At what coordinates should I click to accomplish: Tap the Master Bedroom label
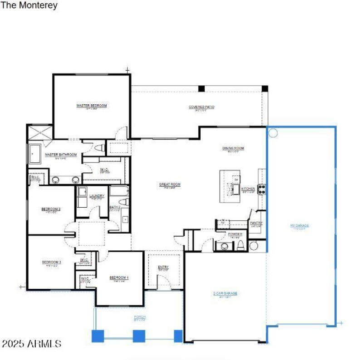[92, 106]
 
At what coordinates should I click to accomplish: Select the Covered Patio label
[201, 107]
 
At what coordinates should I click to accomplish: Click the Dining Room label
[233, 148]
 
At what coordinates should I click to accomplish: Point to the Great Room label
[170, 185]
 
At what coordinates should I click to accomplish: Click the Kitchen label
[248, 189]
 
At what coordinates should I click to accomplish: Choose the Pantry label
[256, 223]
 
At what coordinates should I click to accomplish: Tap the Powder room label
[235, 234]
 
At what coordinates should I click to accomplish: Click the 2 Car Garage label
[225, 294]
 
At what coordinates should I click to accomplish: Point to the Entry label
[163, 268]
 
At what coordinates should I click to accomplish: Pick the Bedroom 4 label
[119, 277]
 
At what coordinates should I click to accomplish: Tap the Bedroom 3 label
[51, 262]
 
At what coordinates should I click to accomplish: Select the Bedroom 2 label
[51, 209]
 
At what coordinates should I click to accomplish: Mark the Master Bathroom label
[60, 155]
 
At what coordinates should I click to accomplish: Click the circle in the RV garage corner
[273, 133]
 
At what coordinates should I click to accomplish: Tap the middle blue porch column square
[138, 336]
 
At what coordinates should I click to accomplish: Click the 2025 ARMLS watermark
[31, 344]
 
